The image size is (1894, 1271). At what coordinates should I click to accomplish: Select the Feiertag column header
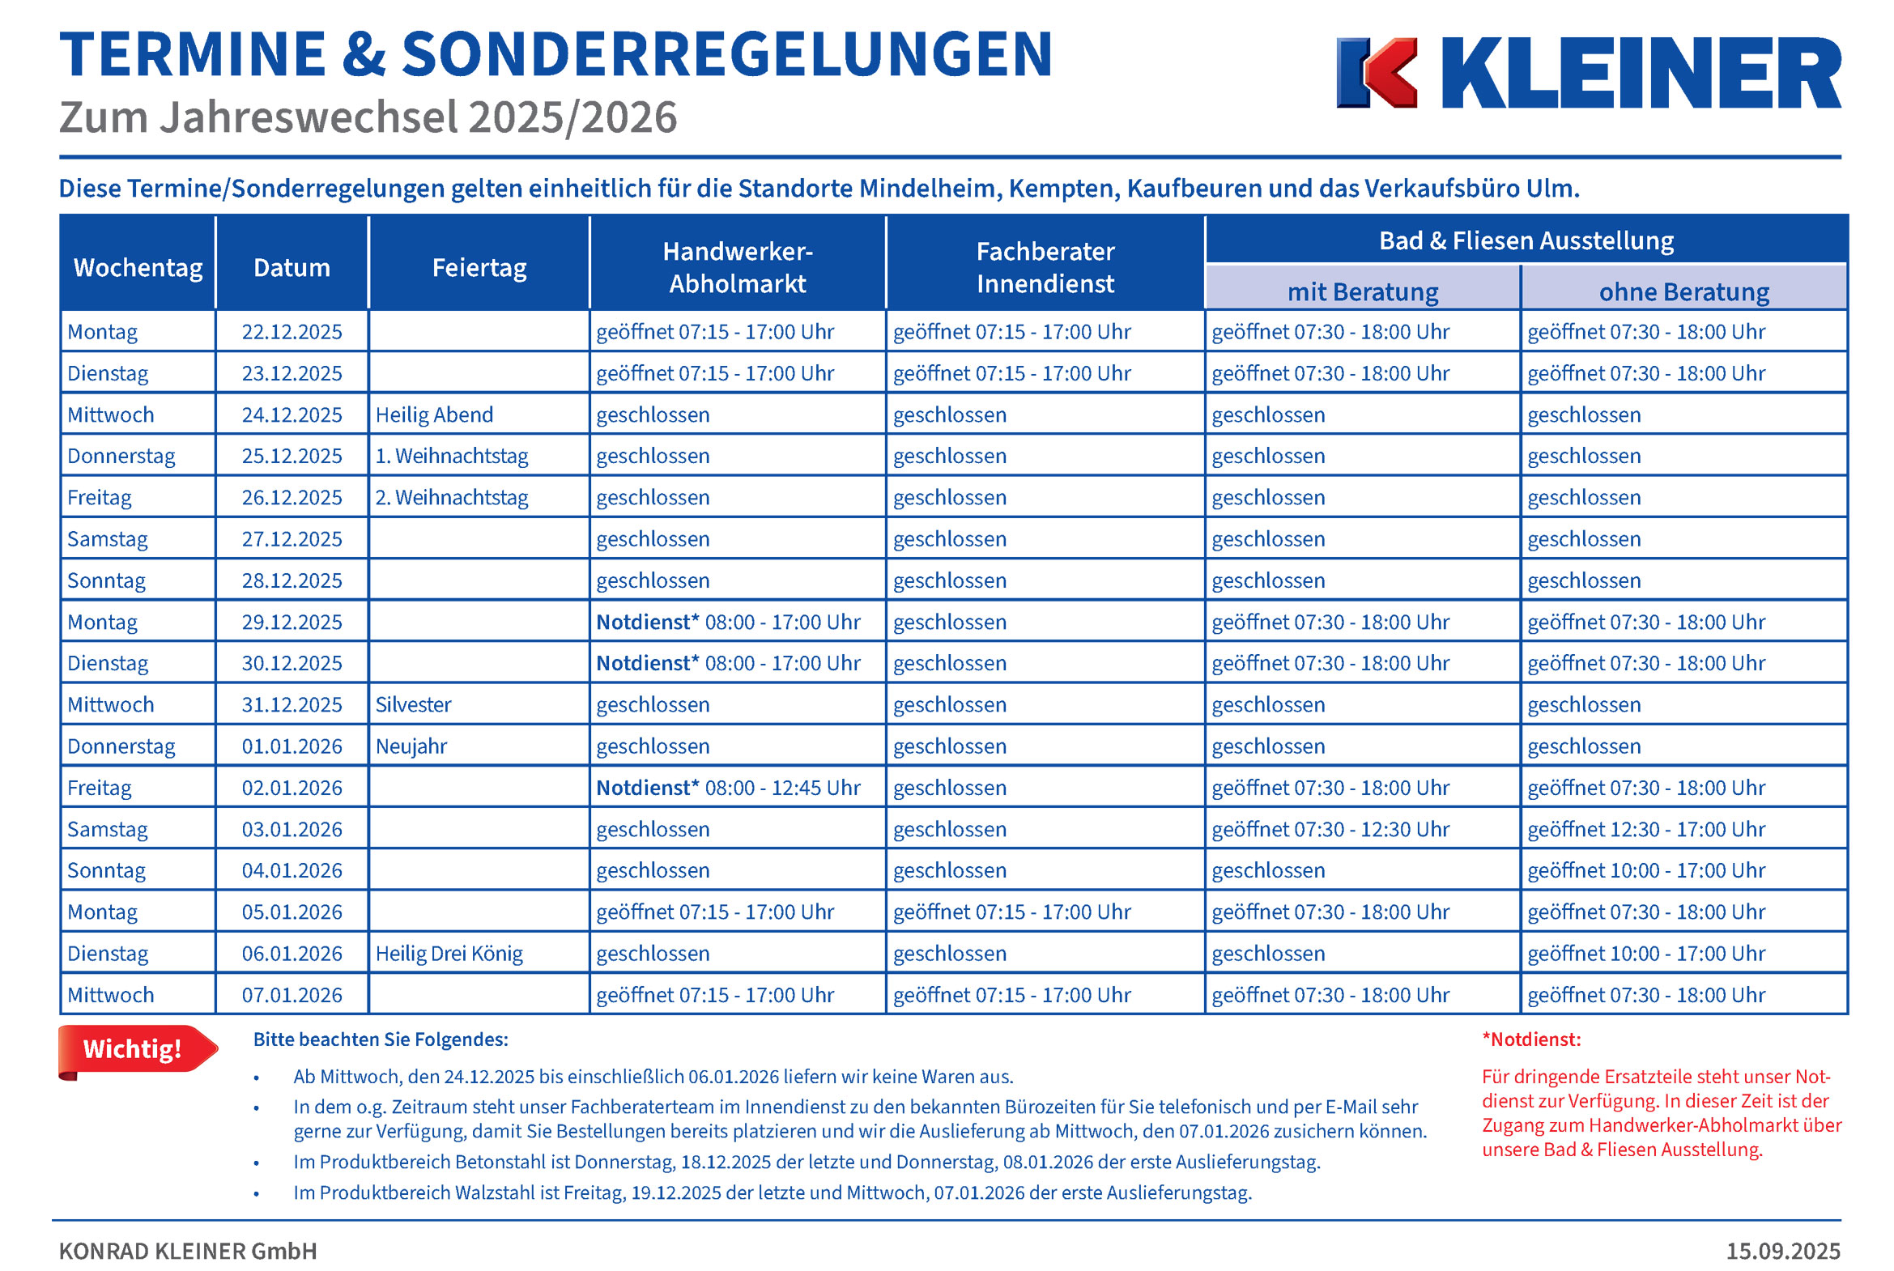coord(479,267)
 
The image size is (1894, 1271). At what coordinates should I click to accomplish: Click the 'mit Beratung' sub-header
coord(1363,291)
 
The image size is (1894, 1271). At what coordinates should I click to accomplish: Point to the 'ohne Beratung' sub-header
coord(1684,291)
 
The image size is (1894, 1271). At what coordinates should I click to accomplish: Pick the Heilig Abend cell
coord(435,415)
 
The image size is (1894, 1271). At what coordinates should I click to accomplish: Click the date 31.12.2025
coord(292,705)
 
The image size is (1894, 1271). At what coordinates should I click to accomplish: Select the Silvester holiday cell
coord(414,705)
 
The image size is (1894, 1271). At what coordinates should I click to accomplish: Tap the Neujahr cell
coord(411,746)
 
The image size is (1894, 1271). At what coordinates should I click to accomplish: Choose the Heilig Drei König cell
coord(449,954)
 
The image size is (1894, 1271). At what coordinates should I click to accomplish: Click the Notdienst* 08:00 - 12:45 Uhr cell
coord(728,788)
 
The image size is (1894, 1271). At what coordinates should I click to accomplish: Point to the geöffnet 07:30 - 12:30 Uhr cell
coord(1330,829)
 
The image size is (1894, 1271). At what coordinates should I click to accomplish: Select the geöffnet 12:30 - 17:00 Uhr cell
coord(1646,829)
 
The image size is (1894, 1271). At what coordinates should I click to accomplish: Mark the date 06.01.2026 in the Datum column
coord(292,954)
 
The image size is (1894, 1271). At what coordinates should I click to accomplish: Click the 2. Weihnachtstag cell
coord(452,498)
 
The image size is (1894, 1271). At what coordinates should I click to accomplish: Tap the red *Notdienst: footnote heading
coord(1530,1040)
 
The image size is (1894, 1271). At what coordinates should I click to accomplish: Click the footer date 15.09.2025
coord(1783,1252)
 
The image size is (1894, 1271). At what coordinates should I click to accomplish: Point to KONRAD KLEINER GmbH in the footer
coord(188,1252)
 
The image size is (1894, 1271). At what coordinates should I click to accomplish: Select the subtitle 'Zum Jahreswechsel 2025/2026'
coord(368,117)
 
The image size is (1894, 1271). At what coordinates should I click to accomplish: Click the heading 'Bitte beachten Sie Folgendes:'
coord(381,1040)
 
